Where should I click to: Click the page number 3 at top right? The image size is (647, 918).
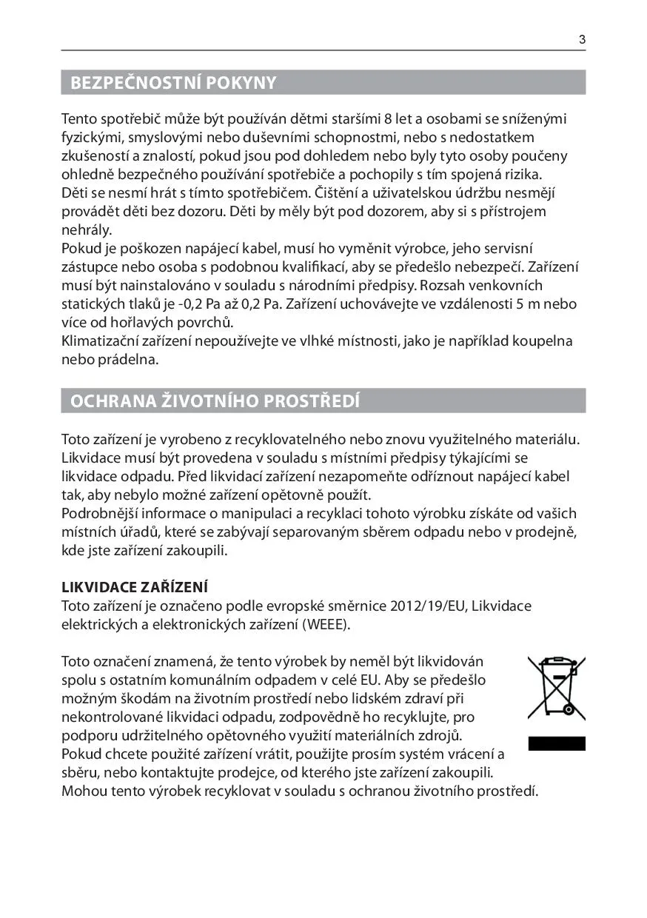click(x=582, y=40)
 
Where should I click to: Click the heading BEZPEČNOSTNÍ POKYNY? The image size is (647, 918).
click(x=173, y=83)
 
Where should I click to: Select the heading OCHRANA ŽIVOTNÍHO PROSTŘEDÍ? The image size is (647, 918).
click(x=215, y=401)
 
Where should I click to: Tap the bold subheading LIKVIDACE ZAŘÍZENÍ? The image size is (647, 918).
click(x=134, y=588)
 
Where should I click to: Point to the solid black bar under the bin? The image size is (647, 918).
click(x=556, y=743)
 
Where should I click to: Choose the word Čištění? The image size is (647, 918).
click(x=341, y=193)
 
